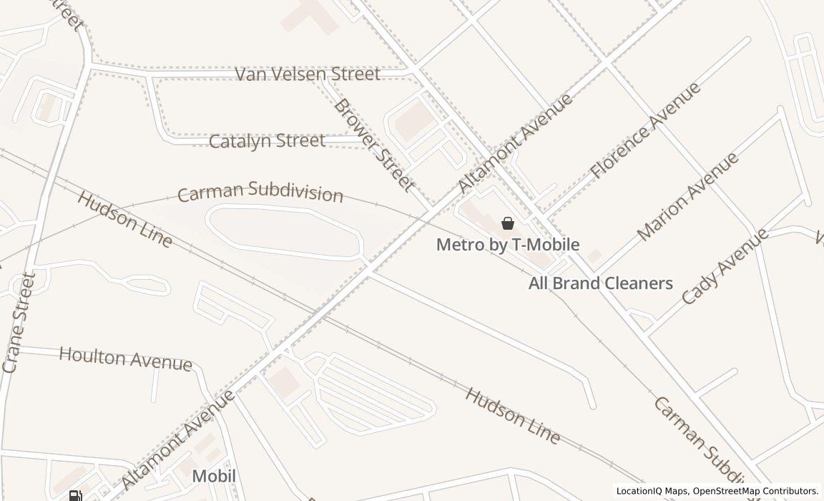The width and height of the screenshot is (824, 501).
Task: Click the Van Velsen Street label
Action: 308,74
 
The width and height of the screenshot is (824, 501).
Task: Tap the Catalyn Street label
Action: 267,141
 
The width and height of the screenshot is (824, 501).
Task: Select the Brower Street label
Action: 373,145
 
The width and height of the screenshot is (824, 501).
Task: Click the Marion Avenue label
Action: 687,196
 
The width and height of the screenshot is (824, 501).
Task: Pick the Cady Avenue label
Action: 725,266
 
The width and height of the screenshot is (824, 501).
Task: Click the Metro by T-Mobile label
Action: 508,245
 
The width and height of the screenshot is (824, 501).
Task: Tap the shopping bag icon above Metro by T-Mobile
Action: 508,223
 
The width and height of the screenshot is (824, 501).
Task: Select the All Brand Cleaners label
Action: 600,283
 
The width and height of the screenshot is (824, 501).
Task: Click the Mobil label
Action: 213,477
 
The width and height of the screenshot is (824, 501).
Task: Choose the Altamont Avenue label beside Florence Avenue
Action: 515,142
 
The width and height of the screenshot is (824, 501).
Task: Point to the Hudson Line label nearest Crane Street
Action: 125,219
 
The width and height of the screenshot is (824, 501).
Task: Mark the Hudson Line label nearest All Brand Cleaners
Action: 512,414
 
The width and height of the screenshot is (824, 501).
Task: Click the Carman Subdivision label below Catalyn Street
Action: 260,193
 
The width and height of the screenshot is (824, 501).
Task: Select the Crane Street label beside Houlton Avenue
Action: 19,322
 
